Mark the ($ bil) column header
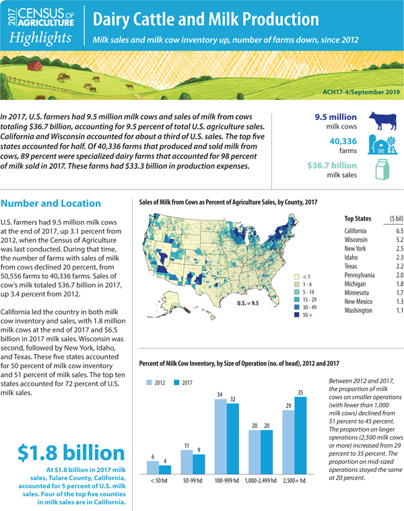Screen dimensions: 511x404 pos(393,218)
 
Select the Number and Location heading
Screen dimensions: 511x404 pos(51,203)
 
